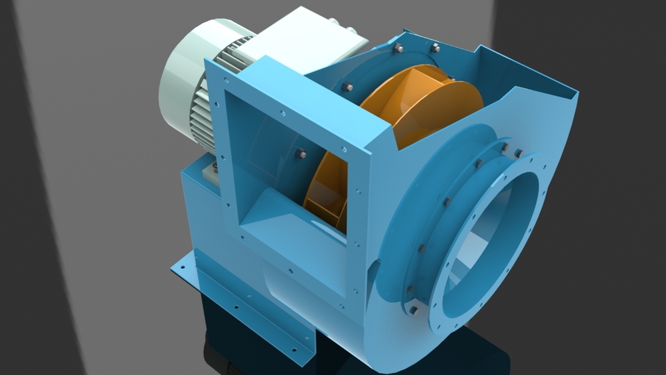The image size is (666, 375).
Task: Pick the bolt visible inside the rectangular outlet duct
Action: click(x=301, y=154)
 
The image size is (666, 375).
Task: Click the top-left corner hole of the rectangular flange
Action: click(x=216, y=86)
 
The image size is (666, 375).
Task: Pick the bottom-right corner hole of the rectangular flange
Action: click(x=342, y=303)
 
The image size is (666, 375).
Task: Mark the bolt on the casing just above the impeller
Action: click(x=347, y=87)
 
